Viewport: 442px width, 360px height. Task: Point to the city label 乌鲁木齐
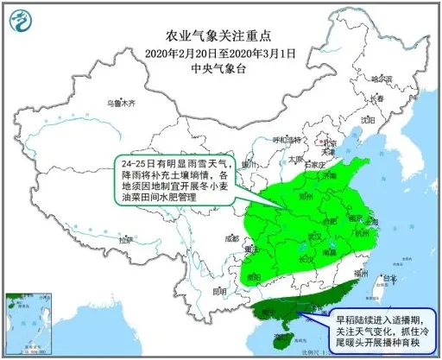coord(122,103)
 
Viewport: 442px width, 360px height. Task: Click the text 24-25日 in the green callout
coord(138,162)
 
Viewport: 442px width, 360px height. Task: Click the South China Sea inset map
coord(29,320)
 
